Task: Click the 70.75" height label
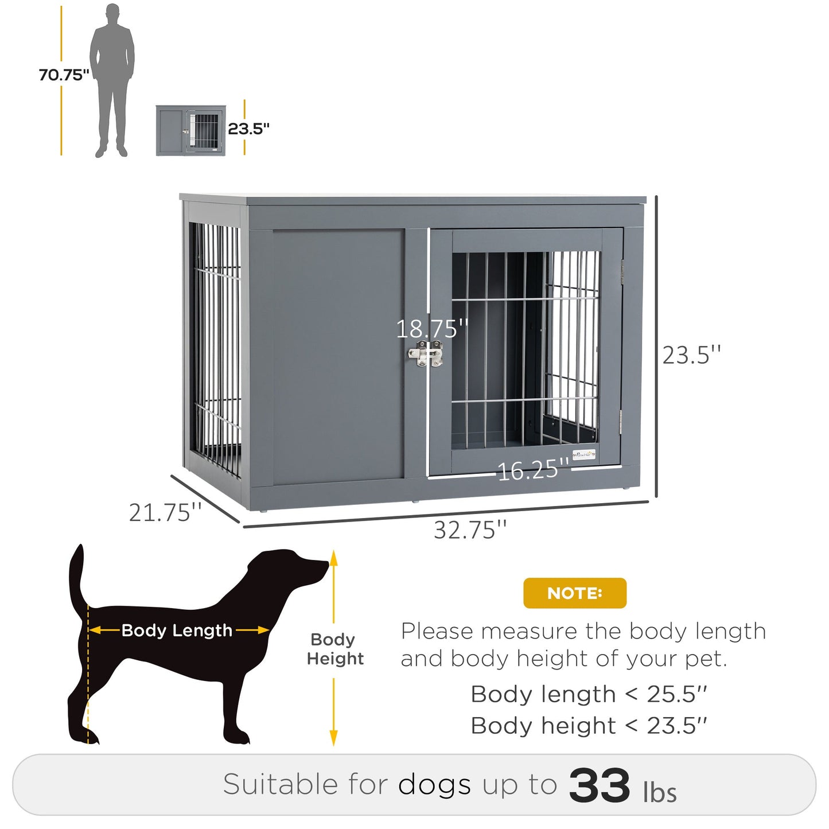64,75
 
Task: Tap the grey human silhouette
112,80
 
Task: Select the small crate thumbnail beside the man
190,130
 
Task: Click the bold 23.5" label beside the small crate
248,129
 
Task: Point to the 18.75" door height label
432,329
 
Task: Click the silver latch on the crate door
426,354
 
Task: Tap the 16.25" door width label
532,470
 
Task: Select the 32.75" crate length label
470,530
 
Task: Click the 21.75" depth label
165,512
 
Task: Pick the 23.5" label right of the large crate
691,355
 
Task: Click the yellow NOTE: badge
574,593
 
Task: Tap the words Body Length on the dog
177,630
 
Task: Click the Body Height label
335,649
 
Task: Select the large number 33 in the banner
599,785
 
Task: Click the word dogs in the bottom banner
434,784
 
